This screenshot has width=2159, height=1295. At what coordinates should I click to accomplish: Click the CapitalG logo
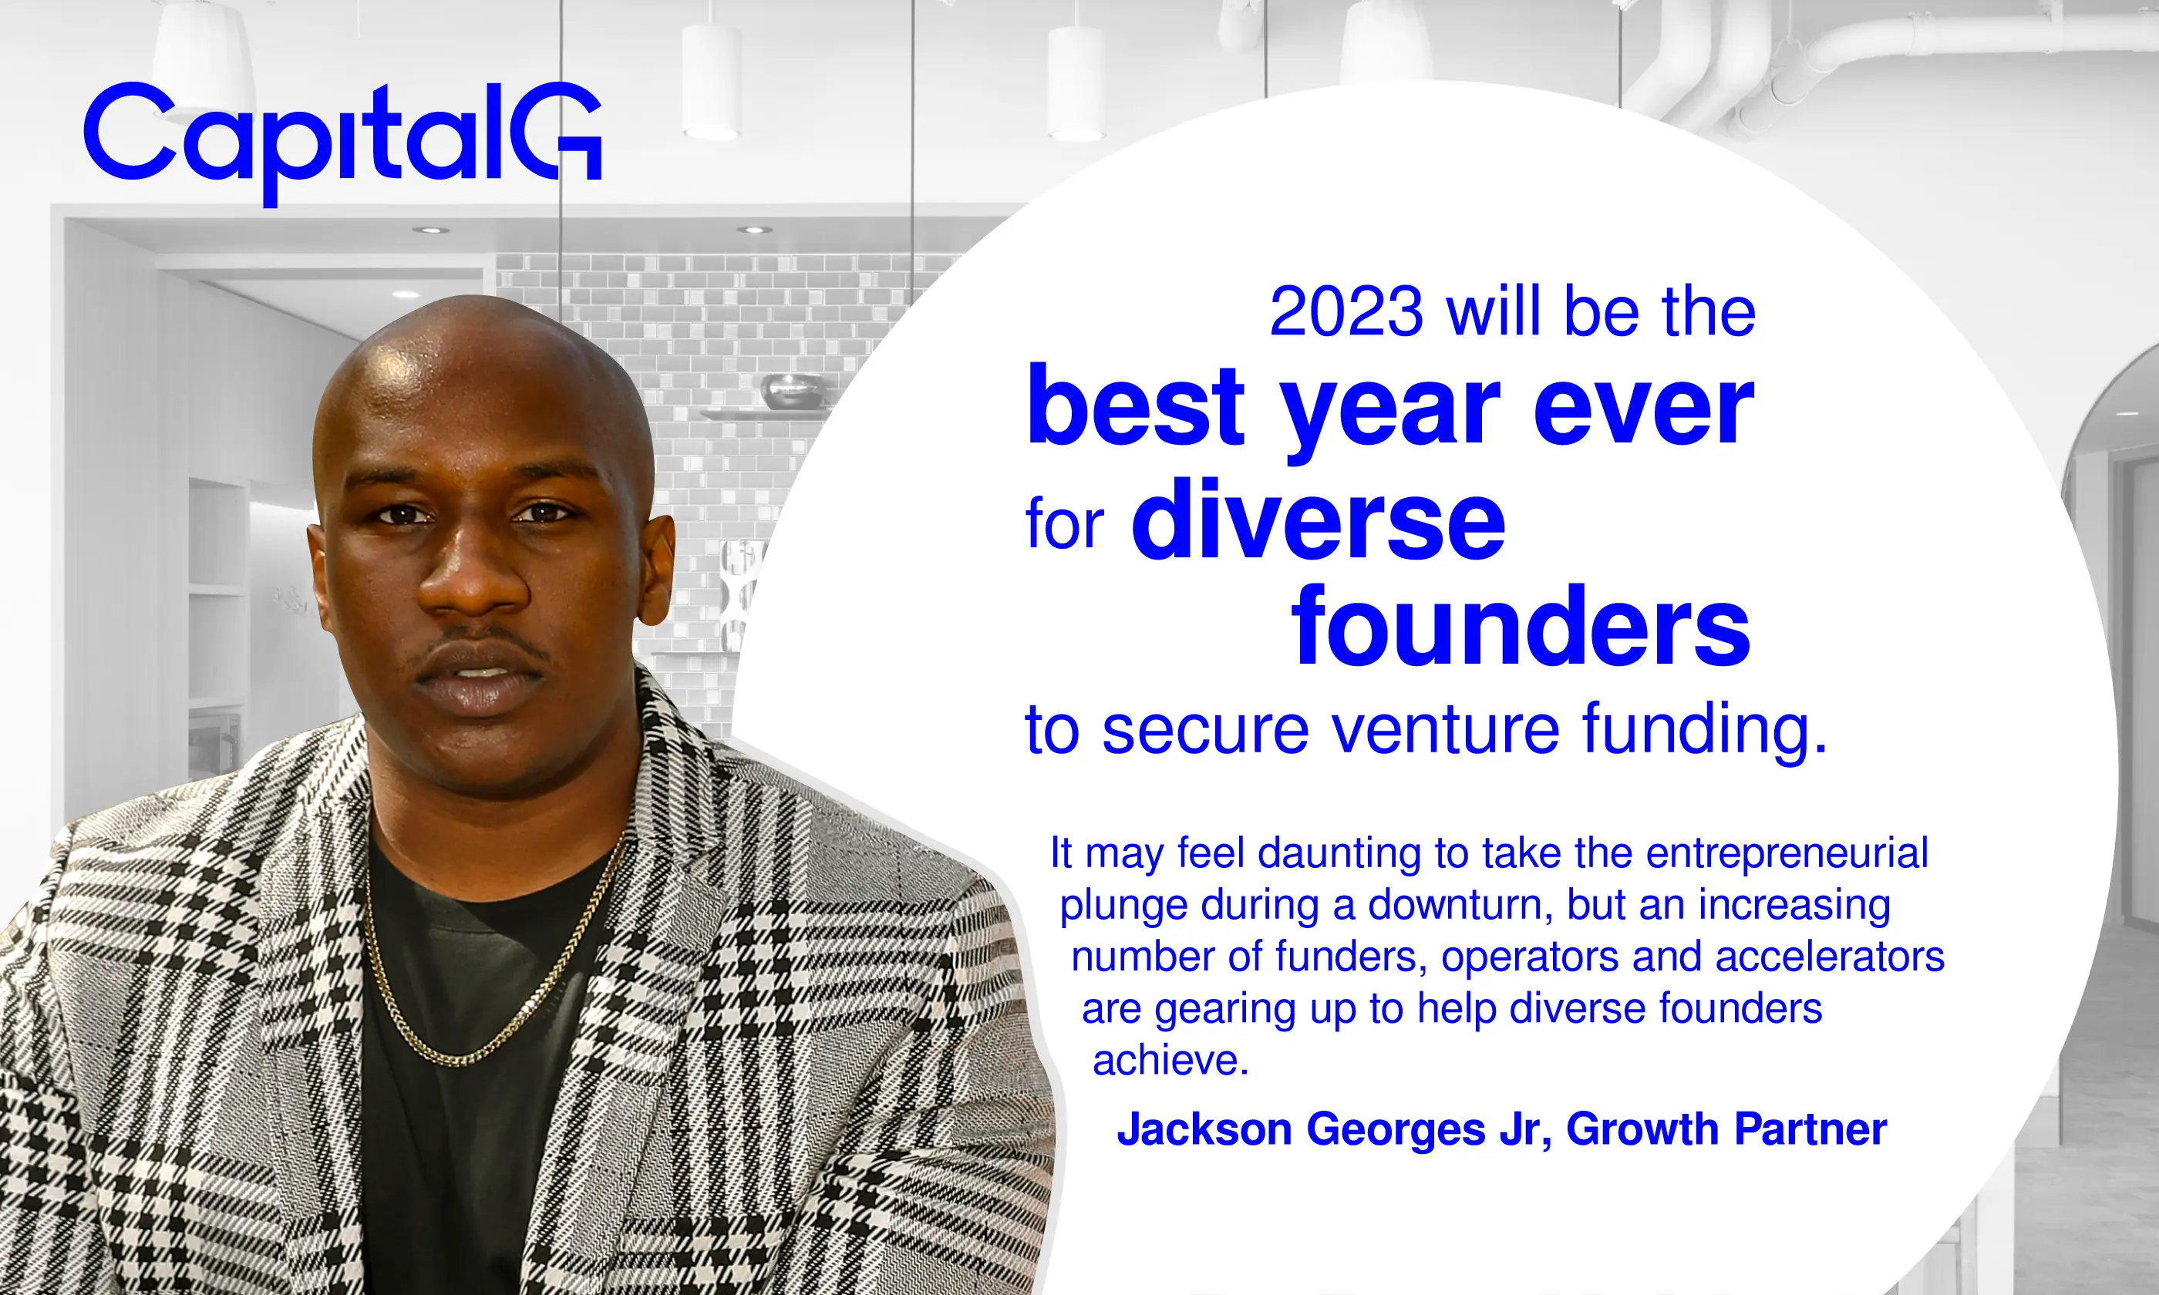(x=343, y=144)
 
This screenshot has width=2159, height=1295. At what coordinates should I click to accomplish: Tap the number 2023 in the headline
(x=1346, y=311)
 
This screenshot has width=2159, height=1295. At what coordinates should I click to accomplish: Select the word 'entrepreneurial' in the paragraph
(x=1787, y=854)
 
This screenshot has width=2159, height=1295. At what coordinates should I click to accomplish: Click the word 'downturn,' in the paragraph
(x=1460, y=905)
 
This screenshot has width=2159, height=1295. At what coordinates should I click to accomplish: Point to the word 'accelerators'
(x=1830, y=957)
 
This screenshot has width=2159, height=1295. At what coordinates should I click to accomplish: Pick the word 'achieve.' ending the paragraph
(x=1171, y=1060)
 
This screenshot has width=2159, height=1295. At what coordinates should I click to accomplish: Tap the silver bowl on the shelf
(x=793, y=390)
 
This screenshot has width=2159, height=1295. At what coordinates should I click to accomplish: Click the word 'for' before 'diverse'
(x=1065, y=523)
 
